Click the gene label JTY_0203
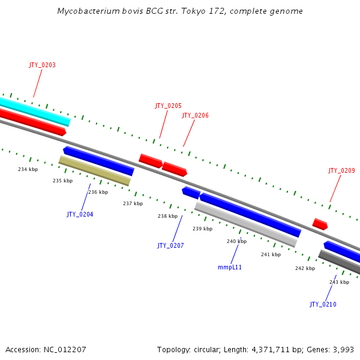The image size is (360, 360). pyautogui.click(x=42, y=65)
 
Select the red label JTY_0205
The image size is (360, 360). pyautogui.click(x=168, y=106)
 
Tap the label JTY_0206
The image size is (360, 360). pyautogui.click(x=195, y=115)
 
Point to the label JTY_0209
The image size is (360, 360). pyautogui.click(x=341, y=170)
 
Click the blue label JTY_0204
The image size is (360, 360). pyautogui.click(x=80, y=214)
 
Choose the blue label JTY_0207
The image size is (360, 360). pyautogui.click(x=170, y=245)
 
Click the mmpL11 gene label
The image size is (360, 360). pyautogui.click(x=230, y=267)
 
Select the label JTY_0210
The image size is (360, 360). pyautogui.click(x=323, y=304)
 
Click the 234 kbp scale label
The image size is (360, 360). pyautogui.click(x=28, y=169)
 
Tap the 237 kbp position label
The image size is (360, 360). pyautogui.click(x=133, y=203)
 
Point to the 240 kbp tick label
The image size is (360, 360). pyautogui.click(x=236, y=241)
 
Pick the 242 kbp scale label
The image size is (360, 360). pyautogui.click(x=305, y=268)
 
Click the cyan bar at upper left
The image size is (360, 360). pyautogui.click(x=36, y=110)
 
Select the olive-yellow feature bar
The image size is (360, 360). pyautogui.click(x=95, y=171)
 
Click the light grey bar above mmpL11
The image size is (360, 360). pyautogui.click(x=246, y=224)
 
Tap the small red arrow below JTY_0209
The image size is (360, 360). pyautogui.click(x=320, y=224)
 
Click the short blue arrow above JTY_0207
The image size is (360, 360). pyautogui.click(x=191, y=193)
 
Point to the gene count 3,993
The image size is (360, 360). pyautogui.click(x=344, y=349)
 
